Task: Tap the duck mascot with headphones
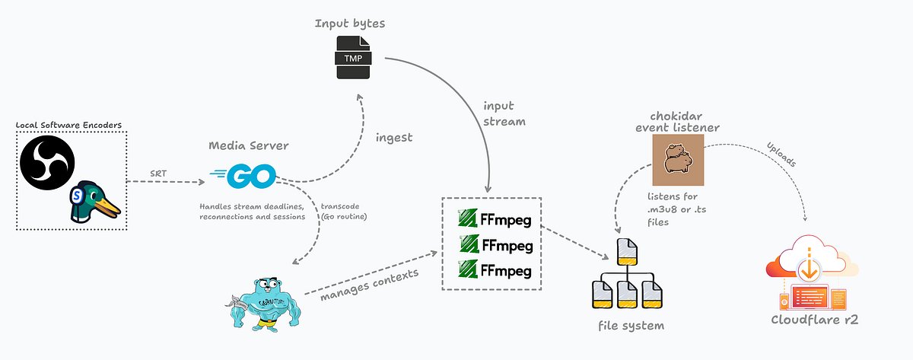point(94,200)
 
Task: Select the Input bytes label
point(350,24)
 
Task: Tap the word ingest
point(394,137)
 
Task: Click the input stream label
point(503,113)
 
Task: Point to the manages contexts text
point(369,284)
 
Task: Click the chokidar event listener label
point(676,121)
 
